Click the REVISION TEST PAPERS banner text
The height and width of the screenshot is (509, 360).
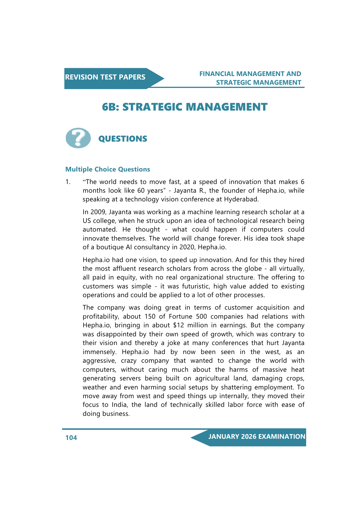pyautogui.click(x=105, y=77)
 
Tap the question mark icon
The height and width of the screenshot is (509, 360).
pyautogui.click(x=78, y=138)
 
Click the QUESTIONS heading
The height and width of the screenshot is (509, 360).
pyautogui.click(x=123, y=139)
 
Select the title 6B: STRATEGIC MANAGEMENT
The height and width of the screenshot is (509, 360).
pyautogui.click(x=184, y=107)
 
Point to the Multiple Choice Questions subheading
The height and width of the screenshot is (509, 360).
pyautogui.click(x=108, y=169)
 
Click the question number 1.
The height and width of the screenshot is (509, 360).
pyautogui.click(x=68, y=182)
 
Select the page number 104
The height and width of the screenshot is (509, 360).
pyautogui.click(x=71, y=438)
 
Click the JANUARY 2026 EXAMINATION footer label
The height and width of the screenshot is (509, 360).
pyautogui.click(x=257, y=437)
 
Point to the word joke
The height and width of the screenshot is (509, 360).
pyautogui.click(x=173, y=343)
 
